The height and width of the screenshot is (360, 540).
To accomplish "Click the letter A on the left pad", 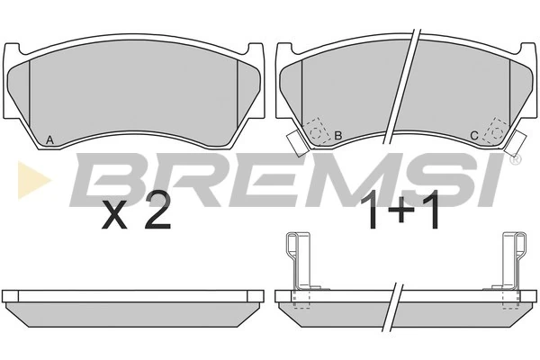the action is click(49, 139).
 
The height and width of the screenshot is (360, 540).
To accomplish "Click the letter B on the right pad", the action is click(338, 135).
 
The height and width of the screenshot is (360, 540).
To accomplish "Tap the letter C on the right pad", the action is click(474, 136).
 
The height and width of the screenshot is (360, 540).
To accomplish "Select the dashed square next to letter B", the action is click(316, 130).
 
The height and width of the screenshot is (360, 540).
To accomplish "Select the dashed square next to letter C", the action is click(496, 130).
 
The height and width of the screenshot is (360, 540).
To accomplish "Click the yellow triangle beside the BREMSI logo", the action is click(34, 180).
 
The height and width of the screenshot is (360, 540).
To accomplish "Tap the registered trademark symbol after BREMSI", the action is click(516, 159).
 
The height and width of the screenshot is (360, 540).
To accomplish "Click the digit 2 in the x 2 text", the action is click(157, 213).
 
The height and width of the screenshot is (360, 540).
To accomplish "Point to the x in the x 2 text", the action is click(114, 218).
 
